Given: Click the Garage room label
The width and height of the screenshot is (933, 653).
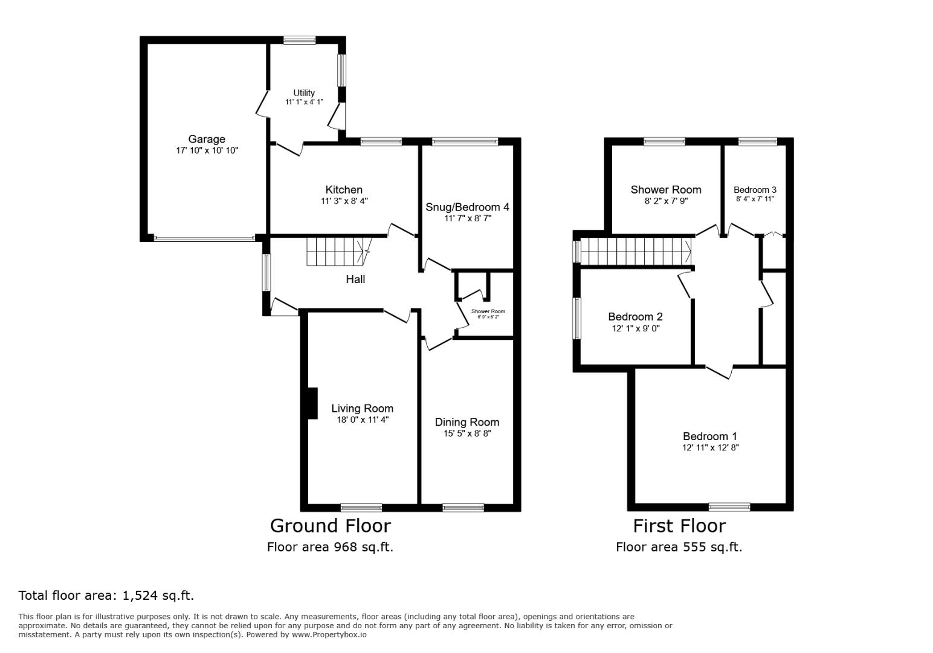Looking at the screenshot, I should (206, 139).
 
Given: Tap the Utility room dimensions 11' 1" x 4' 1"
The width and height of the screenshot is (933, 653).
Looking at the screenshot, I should (304, 102).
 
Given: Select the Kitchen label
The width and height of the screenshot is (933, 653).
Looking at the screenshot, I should (344, 190).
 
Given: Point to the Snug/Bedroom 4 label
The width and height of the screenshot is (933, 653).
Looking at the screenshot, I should (467, 207).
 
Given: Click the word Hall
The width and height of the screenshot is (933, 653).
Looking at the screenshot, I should (355, 279).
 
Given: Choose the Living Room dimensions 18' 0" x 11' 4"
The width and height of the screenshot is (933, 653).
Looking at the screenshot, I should (362, 420).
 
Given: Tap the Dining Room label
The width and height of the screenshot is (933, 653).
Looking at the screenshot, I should (467, 422).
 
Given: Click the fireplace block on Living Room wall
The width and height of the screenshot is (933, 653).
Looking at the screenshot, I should (312, 403).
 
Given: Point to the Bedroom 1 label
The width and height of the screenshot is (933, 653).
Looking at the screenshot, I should (709, 437).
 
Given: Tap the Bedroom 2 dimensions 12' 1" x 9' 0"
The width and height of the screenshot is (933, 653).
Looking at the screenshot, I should (635, 329).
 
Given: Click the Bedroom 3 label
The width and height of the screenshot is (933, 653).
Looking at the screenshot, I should (755, 190).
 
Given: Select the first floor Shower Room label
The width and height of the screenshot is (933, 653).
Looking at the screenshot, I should (666, 190).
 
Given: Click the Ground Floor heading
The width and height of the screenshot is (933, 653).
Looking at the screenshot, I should (330, 525).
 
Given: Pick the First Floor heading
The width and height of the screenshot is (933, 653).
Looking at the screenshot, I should (679, 526).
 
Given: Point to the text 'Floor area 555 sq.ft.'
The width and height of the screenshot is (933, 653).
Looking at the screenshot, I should (679, 547).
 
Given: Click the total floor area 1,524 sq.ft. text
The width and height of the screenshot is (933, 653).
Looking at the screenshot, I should (106, 596).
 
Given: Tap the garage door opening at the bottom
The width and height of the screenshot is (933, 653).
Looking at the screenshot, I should (204, 238).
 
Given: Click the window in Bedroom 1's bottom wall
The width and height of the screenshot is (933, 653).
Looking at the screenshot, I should (729, 507).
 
